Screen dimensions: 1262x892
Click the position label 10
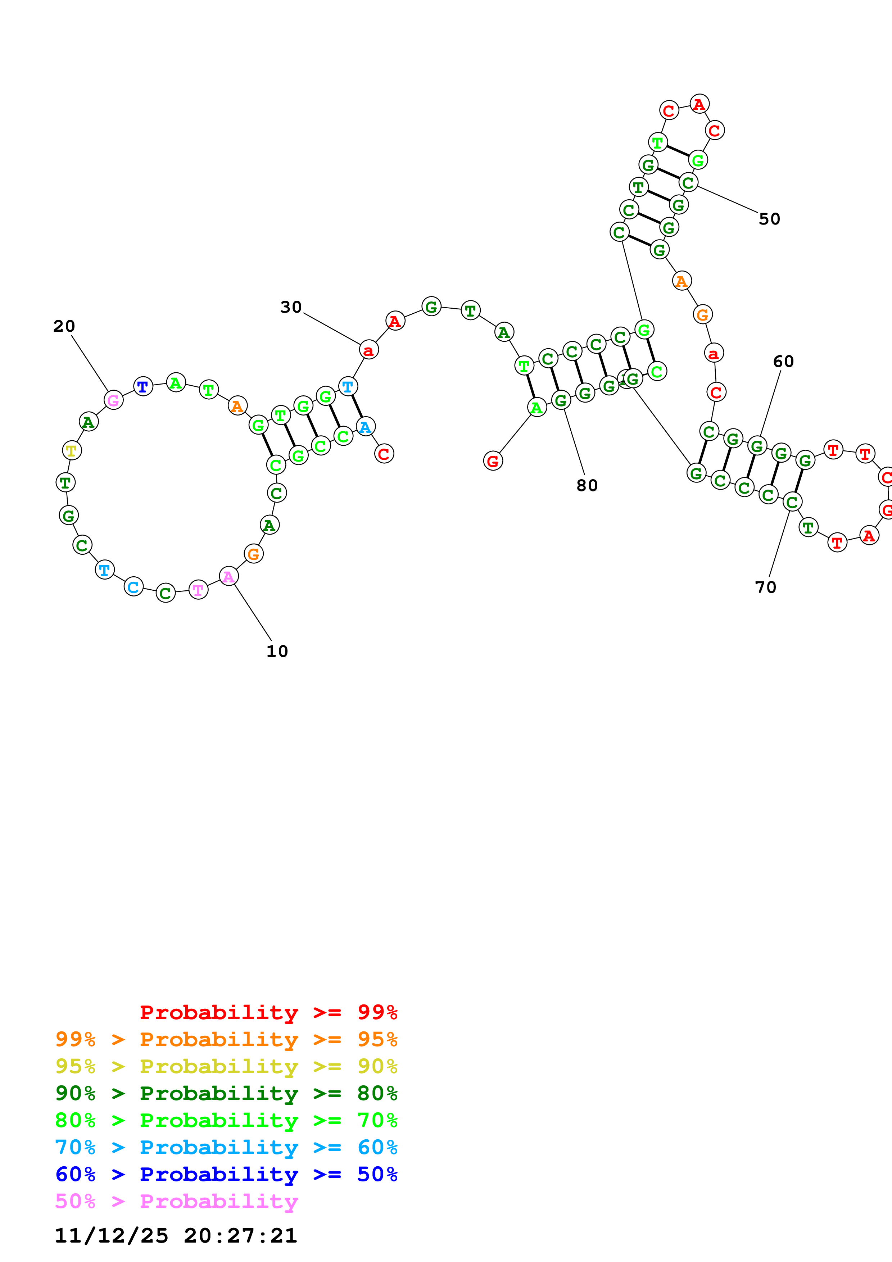coord(277,652)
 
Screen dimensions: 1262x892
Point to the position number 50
coord(769,219)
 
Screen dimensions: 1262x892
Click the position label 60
coord(783,362)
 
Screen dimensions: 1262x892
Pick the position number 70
coord(766,587)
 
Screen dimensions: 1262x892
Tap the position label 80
coord(587,486)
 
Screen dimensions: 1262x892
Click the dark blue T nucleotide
coord(143,386)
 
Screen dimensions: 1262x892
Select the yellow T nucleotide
coord(72,451)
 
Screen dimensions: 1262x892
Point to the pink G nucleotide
coord(113,400)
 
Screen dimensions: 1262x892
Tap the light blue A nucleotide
coord(366,427)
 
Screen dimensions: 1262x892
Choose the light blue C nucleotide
coord(133,587)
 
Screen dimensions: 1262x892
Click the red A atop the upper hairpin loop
coord(699,104)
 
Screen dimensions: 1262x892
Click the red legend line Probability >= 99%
coord(268,1012)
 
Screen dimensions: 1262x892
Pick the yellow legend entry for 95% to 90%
coord(226,1066)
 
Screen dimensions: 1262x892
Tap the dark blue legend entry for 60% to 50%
coord(226,1174)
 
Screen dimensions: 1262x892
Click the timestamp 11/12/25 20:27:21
coord(176,1236)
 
